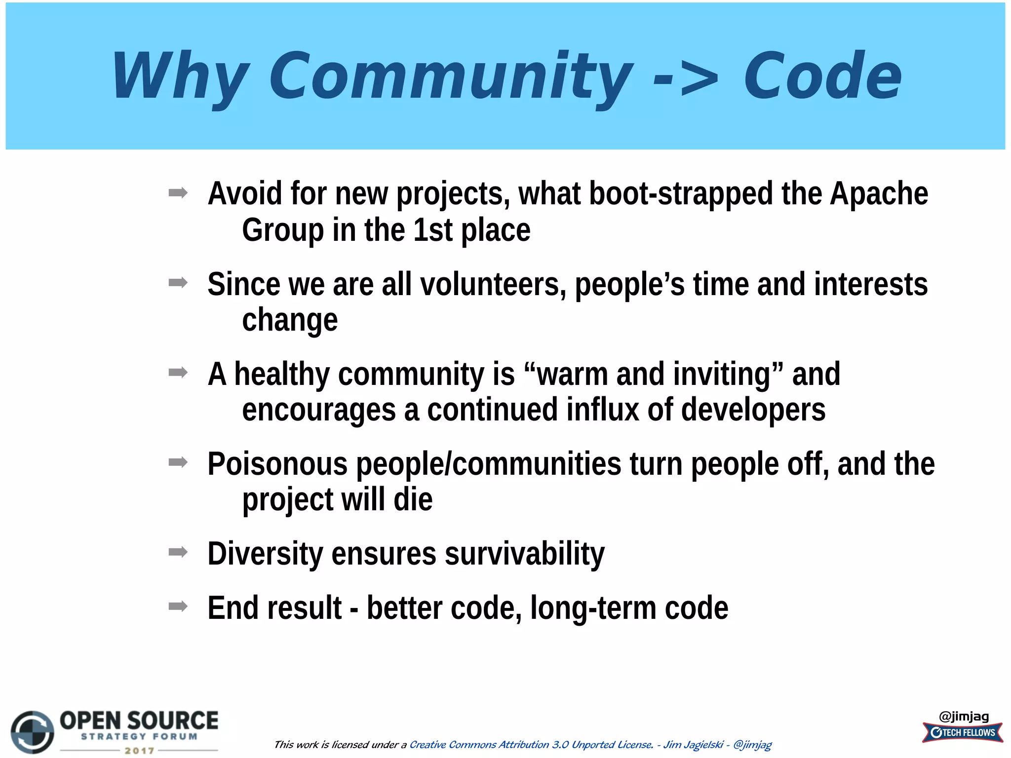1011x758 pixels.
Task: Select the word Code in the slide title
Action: click(x=822, y=76)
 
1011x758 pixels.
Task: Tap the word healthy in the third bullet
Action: click(x=282, y=374)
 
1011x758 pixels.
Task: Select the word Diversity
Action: click(x=265, y=554)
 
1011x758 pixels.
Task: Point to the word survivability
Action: click(x=524, y=554)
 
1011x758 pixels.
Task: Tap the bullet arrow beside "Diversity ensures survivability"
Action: click(x=178, y=552)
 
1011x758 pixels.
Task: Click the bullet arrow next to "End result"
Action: click(x=178, y=606)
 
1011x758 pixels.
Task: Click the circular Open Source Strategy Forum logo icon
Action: click(x=33, y=732)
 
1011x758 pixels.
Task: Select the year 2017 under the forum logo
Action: click(x=139, y=751)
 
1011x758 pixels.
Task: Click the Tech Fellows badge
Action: click(x=963, y=732)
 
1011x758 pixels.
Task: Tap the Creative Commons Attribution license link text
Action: click(x=531, y=744)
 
